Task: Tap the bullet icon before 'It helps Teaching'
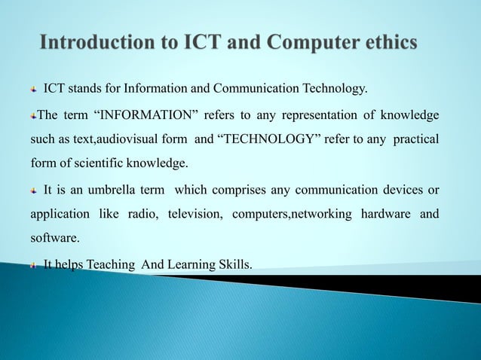(32, 264)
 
